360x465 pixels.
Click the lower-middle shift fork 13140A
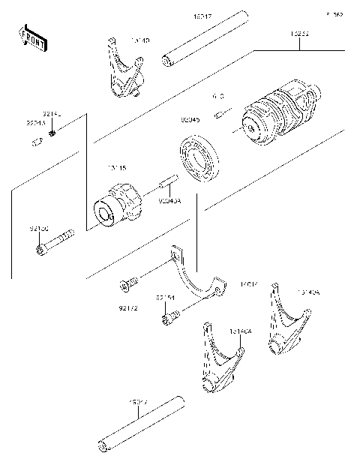(x=220, y=359)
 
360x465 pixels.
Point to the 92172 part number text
(x=128, y=307)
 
